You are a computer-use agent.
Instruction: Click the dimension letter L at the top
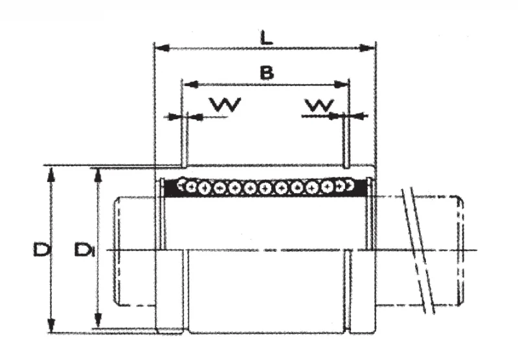[x=267, y=38]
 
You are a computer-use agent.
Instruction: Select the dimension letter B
[x=267, y=73]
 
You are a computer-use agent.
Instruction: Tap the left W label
[x=226, y=104]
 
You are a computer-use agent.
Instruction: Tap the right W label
[x=319, y=105]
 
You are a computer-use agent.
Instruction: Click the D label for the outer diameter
[x=41, y=249]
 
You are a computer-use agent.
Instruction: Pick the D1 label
[x=85, y=249]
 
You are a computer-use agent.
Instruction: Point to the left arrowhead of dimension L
[x=163, y=48]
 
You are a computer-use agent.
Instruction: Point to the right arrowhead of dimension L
[x=367, y=48]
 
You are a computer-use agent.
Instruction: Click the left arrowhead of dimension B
[x=190, y=85]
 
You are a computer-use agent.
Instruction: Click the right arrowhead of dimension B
[x=341, y=85]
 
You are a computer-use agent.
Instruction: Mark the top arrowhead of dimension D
[x=51, y=175]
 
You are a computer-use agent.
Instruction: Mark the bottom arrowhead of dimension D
[x=51, y=324]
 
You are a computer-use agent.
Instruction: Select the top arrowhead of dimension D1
[x=98, y=175]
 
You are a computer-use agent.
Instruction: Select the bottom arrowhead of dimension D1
[x=98, y=320]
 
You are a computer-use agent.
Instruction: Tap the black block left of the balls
[x=170, y=188]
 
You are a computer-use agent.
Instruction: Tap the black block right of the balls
[x=360, y=188]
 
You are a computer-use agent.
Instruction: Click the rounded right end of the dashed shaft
[x=460, y=251]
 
